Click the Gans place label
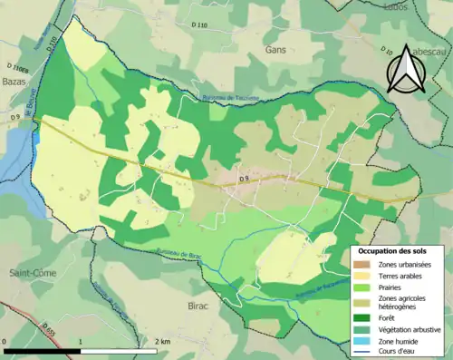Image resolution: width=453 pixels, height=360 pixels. click(275, 52)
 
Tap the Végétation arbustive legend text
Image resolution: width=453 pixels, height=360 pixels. click(410, 328)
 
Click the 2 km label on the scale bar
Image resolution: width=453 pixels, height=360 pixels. click(161, 341)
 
